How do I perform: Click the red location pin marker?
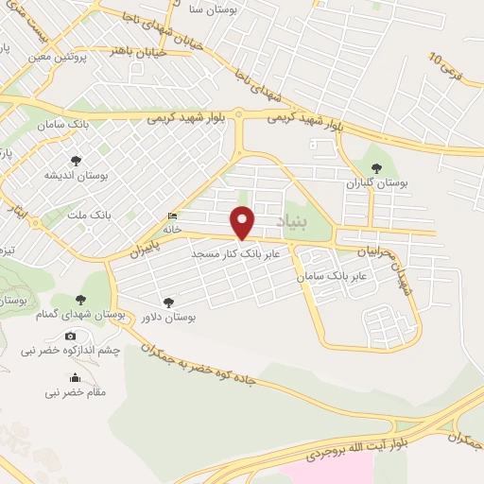(x=244, y=221)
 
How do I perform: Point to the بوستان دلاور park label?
(x=166, y=319)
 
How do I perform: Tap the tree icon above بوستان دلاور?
(x=167, y=302)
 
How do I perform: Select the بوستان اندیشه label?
(x=76, y=176)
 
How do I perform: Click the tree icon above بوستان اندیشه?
(x=76, y=161)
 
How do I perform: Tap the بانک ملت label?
(x=89, y=216)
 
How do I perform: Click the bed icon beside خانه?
(x=171, y=216)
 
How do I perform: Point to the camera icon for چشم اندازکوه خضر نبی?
(x=71, y=336)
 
